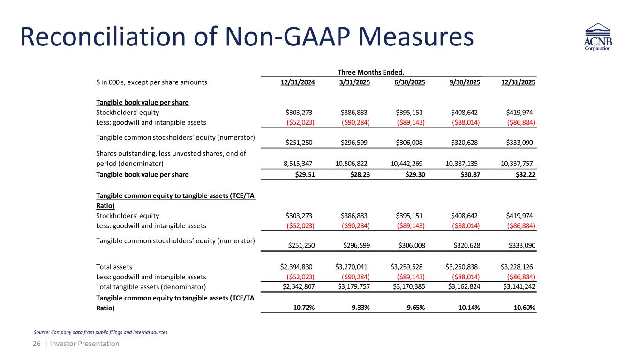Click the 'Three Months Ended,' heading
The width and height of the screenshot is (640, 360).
[x=371, y=72]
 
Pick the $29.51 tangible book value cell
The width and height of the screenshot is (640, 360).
[x=302, y=175]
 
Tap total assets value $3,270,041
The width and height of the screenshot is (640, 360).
[x=351, y=267]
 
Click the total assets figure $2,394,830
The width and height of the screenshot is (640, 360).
[x=296, y=267]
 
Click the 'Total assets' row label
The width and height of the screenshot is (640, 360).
[x=114, y=267]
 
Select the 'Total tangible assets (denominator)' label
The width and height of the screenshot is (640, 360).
[x=151, y=286]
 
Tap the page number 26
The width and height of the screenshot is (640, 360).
[x=37, y=344]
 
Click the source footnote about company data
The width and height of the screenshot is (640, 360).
[x=101, y=332]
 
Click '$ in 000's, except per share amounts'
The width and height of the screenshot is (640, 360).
[x=151, y=82]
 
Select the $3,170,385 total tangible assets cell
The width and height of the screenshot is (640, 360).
[x=407, y=286]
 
